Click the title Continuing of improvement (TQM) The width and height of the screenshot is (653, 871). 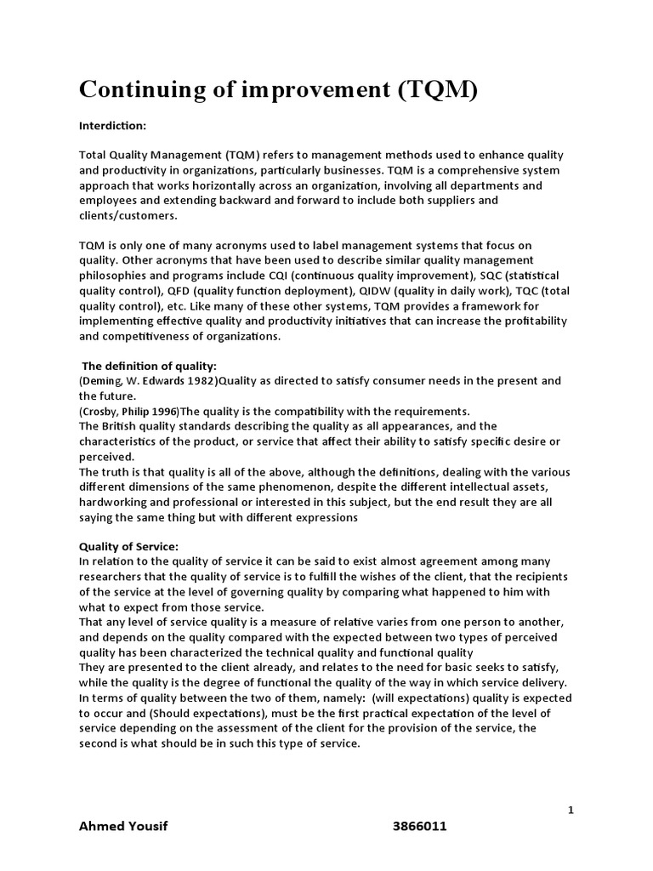coord(279,90)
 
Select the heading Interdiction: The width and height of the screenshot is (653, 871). coord(113,126)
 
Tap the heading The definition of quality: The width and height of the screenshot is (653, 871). coord(150,366)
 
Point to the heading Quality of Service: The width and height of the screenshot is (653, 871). coord(129,546)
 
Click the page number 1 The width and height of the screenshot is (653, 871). coord(571,811)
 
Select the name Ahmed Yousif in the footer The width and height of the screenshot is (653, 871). coord(123,827)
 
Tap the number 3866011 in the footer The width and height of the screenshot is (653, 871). coord(419,827)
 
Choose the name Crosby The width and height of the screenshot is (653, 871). coord(100,411)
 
